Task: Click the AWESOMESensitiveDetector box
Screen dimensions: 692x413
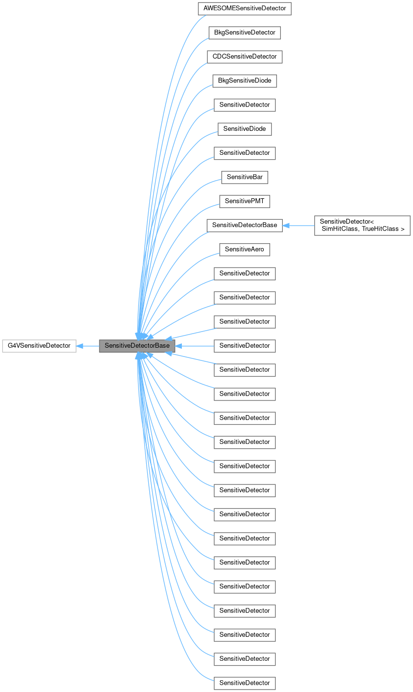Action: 244,9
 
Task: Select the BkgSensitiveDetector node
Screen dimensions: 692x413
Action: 244,33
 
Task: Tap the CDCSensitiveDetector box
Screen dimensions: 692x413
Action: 244,57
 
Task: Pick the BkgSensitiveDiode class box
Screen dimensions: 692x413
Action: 244,81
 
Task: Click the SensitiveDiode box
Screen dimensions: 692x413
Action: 244,129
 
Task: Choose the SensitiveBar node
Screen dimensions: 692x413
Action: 244,177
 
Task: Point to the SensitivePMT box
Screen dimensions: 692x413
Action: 244,201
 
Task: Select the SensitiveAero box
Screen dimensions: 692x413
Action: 244,249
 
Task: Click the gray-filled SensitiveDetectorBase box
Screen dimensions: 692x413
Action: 137,346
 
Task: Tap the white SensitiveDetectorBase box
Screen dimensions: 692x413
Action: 244,225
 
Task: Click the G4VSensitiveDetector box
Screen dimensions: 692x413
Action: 39,346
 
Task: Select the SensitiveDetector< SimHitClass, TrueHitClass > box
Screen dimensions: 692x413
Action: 362,225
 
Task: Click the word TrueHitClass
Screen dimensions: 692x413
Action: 383,229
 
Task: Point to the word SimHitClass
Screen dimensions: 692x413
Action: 340,229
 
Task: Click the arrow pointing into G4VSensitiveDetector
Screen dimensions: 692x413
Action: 80,346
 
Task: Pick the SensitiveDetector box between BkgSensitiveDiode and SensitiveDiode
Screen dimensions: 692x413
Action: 244,105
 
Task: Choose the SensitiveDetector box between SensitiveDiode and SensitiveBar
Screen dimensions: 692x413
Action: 244,153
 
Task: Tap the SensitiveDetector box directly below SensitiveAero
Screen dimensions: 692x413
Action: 244,273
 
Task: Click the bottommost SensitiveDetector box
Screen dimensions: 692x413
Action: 244,683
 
